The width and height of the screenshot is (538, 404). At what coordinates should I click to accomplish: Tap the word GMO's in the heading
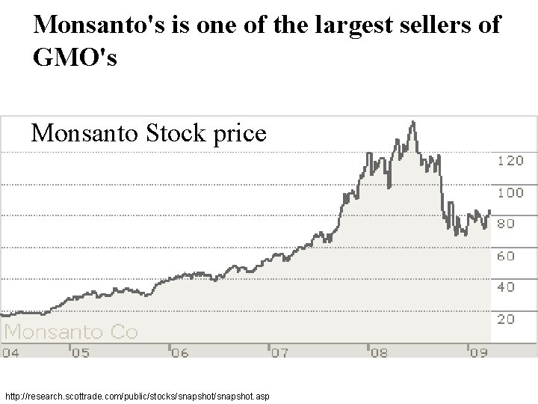tap(75, 58)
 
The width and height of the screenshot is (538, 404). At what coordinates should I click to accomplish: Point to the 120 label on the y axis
tap(510, 161)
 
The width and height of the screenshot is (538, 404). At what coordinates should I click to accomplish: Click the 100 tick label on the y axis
tap(510, 192)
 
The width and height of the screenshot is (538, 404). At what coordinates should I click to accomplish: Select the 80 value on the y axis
tap(506, 224)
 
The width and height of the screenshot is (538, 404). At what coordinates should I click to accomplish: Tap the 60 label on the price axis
tap(506, 256)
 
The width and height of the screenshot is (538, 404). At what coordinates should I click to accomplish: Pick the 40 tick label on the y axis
tap(506, 287)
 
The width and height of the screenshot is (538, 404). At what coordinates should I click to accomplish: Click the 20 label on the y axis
tap(506, 319)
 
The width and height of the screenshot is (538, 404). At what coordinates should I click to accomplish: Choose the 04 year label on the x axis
tap(11, 352)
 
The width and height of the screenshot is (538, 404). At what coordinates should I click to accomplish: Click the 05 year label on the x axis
tap(79, 352)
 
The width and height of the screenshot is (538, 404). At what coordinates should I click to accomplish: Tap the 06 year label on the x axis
tap(179, 352)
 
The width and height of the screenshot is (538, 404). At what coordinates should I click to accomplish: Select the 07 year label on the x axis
tap(278, 352)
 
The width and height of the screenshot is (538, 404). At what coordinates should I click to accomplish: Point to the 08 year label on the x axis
tap(378, 352)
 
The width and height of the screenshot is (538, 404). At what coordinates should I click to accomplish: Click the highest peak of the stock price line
tap(412, 122)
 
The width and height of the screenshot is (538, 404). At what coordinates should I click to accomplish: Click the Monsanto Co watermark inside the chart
tap(72, 331)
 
